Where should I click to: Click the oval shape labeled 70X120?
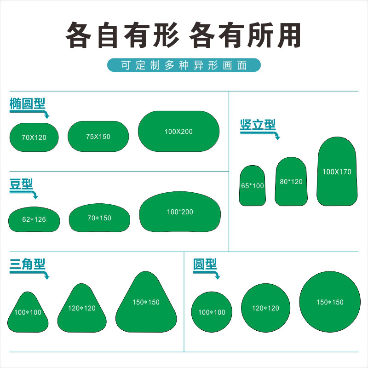click(34, 137)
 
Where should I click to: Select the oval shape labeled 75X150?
click(98, 136)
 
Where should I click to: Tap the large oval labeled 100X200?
click(178, 131)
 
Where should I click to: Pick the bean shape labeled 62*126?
click(34, 219)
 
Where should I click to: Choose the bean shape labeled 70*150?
click(99, 218)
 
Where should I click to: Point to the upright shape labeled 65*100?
click(253, 185)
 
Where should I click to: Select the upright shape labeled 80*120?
click(291, 181)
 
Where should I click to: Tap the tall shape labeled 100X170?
click(337, 172)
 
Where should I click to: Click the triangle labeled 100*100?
click(28, 312)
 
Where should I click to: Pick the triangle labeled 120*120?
click(82, 308)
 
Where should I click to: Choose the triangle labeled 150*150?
click(146, 302)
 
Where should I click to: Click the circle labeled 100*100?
click(212, 312)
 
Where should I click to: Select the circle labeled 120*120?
click(265, 308)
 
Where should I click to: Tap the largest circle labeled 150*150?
click(330, 302)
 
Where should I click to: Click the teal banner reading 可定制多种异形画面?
click(184, 65)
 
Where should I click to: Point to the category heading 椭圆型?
click(28, 103)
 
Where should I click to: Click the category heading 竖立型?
click(258, 125)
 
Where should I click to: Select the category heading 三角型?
click(28, 264)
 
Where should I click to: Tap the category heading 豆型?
click(21, 184)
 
